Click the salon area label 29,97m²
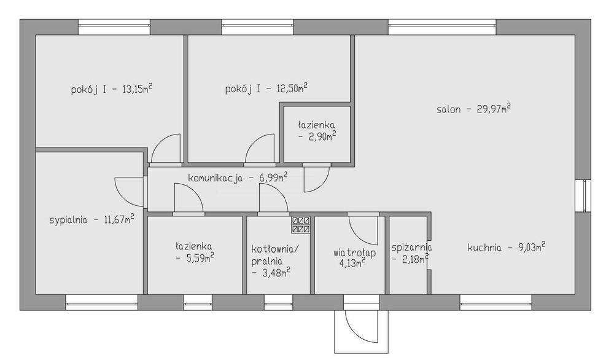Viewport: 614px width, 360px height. click(473, 109)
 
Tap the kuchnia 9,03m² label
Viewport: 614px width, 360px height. click(507, 247)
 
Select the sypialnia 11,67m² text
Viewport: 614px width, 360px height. click(92, 219)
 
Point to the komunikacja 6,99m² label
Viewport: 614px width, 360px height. click(238, 178)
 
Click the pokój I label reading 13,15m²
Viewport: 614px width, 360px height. click(112, 89)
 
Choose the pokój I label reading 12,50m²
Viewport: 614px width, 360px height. click(266, 88)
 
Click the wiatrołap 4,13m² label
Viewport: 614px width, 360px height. click(354, 258)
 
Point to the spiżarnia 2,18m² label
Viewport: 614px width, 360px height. click(411, 253)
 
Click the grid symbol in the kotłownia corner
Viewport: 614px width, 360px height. click(301, 225)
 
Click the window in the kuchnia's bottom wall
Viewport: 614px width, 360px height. click(496, 302)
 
